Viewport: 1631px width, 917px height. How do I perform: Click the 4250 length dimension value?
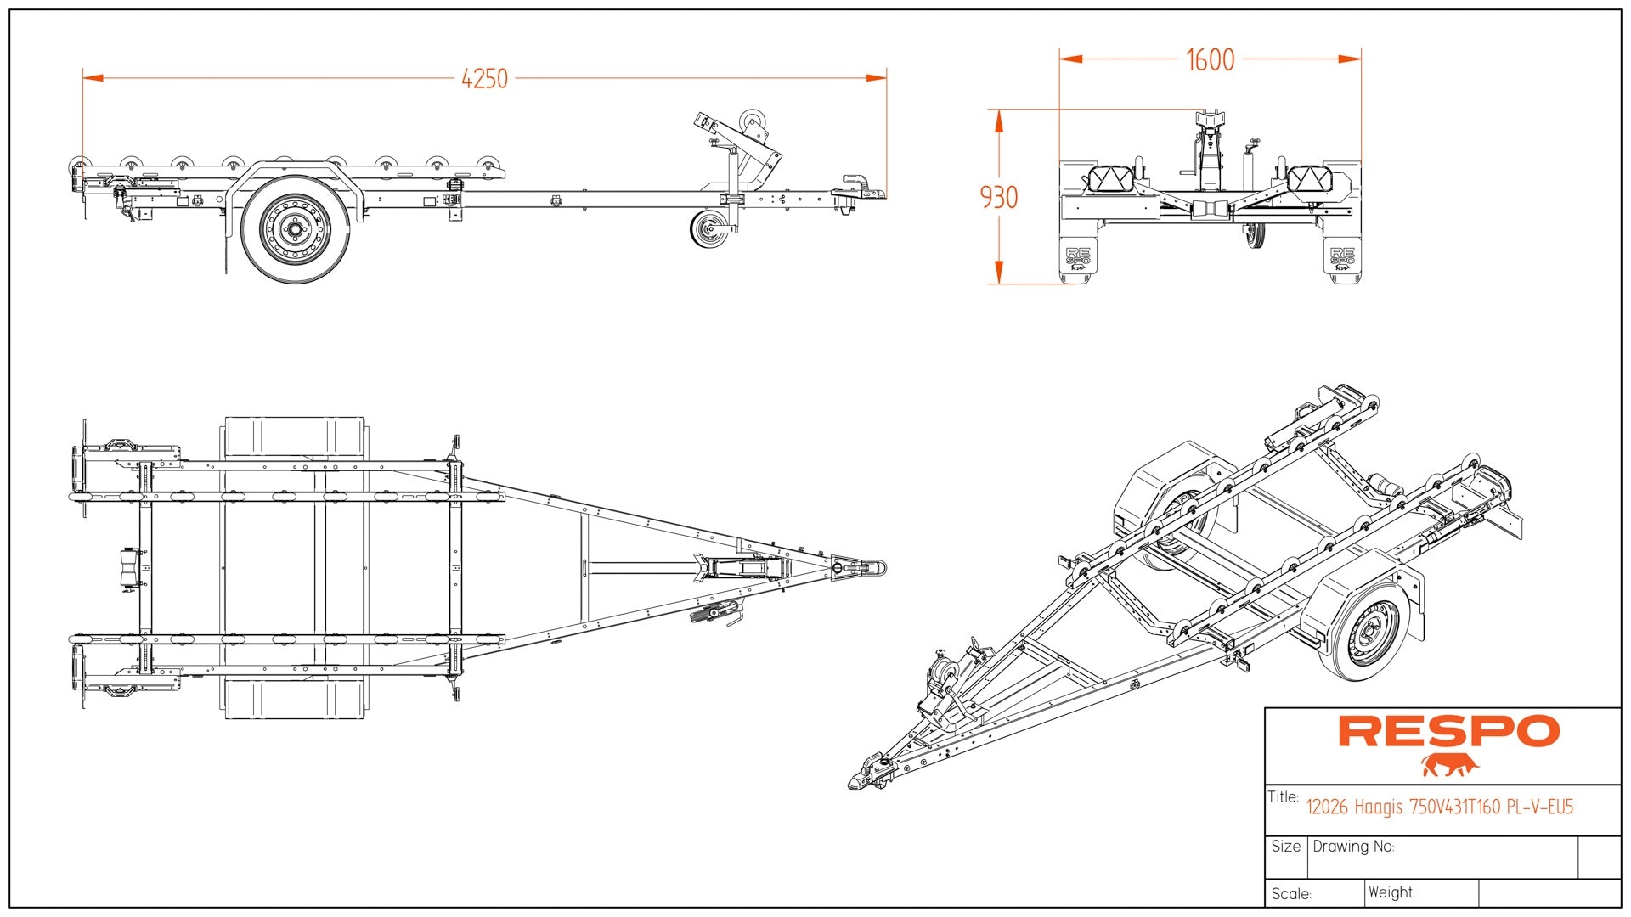click(484, 79)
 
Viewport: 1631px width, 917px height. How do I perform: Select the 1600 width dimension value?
click(1210, 60)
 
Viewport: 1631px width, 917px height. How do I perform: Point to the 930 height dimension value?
click(999, 198)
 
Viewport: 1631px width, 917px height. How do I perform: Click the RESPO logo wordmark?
click(1448, 732)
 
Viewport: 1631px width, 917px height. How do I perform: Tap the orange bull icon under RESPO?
click(1450, 765)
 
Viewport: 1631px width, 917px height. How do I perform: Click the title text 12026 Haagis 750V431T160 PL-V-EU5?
click(1439, 807)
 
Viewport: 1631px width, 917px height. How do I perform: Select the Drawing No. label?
click(1353, 847)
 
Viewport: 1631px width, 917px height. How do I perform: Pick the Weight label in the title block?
click(1391, 892)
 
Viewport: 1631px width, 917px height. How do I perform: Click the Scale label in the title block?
click(1291, 894)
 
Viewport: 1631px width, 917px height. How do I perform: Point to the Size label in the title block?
click(1286, 847)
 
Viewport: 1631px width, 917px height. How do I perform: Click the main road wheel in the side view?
click(295, 229)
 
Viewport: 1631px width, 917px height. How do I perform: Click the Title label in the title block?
click(1283, 797)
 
